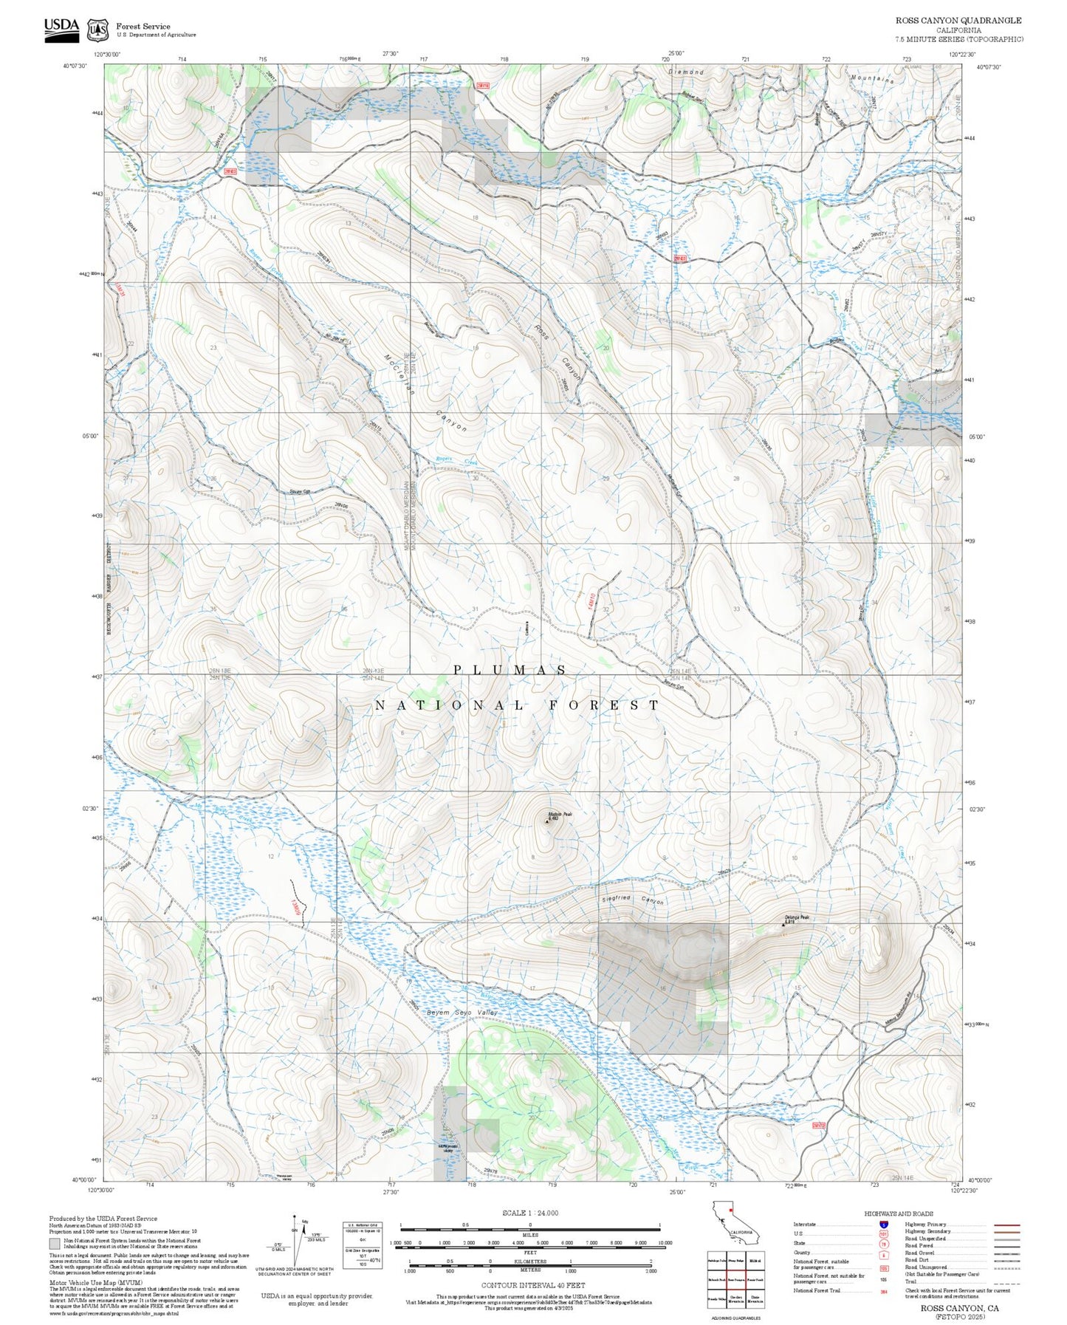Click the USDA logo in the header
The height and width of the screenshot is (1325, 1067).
click(x=61, y=30)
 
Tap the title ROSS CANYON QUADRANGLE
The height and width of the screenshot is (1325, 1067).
click(x=958, y=21)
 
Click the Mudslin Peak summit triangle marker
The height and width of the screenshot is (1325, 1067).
click(x=547, y=820)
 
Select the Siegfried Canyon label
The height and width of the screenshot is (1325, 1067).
click(x=633, y=900)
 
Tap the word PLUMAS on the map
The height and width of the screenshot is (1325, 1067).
click(x=510, y=670)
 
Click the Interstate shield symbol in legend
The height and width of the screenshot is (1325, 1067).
click(x=883, y=1224)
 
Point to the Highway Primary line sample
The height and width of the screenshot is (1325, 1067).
click(x=1006, y=1225)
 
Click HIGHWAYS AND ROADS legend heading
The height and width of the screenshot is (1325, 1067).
click(x=898, y=1213)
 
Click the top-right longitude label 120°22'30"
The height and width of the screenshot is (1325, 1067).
click(x=961, y=54)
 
